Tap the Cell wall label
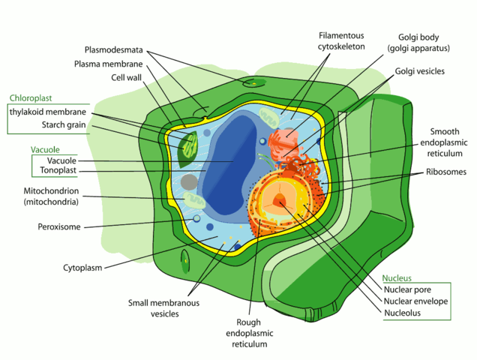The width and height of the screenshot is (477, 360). tap(127, 77)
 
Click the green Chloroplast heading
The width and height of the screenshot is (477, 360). tap(31, 98)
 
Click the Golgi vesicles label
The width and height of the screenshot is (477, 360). tap(420, 72)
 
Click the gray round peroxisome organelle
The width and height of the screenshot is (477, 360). tap(190, 182)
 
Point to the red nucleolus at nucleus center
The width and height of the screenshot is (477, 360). tap(278, 200)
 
